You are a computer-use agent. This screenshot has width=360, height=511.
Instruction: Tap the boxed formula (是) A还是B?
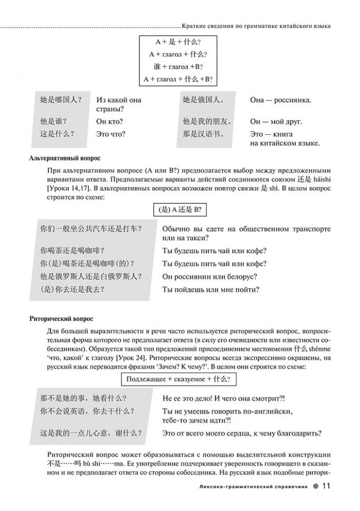(180, 209)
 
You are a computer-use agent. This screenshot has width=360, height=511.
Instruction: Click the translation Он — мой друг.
(276, 121)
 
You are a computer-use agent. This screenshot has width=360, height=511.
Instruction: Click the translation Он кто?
(111, 121)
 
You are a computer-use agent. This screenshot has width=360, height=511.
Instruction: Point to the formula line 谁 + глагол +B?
(180, 67)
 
